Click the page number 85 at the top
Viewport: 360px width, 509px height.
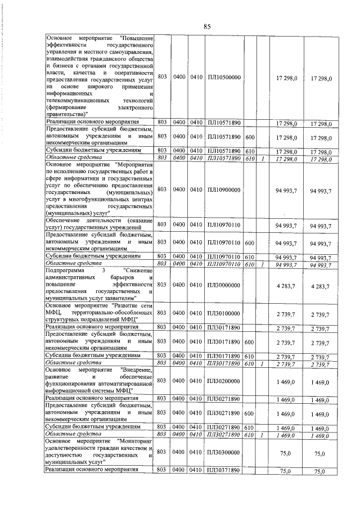click(x=206, y=26)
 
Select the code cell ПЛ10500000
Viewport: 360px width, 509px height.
click(x=224, y=77)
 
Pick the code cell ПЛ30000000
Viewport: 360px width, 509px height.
click(x=224, y=285)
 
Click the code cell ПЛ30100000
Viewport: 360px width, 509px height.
click(x=224, y=313)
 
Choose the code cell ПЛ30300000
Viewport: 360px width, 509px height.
click(x=224, y=452)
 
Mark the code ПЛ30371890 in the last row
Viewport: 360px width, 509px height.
click(x=224, y=470)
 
